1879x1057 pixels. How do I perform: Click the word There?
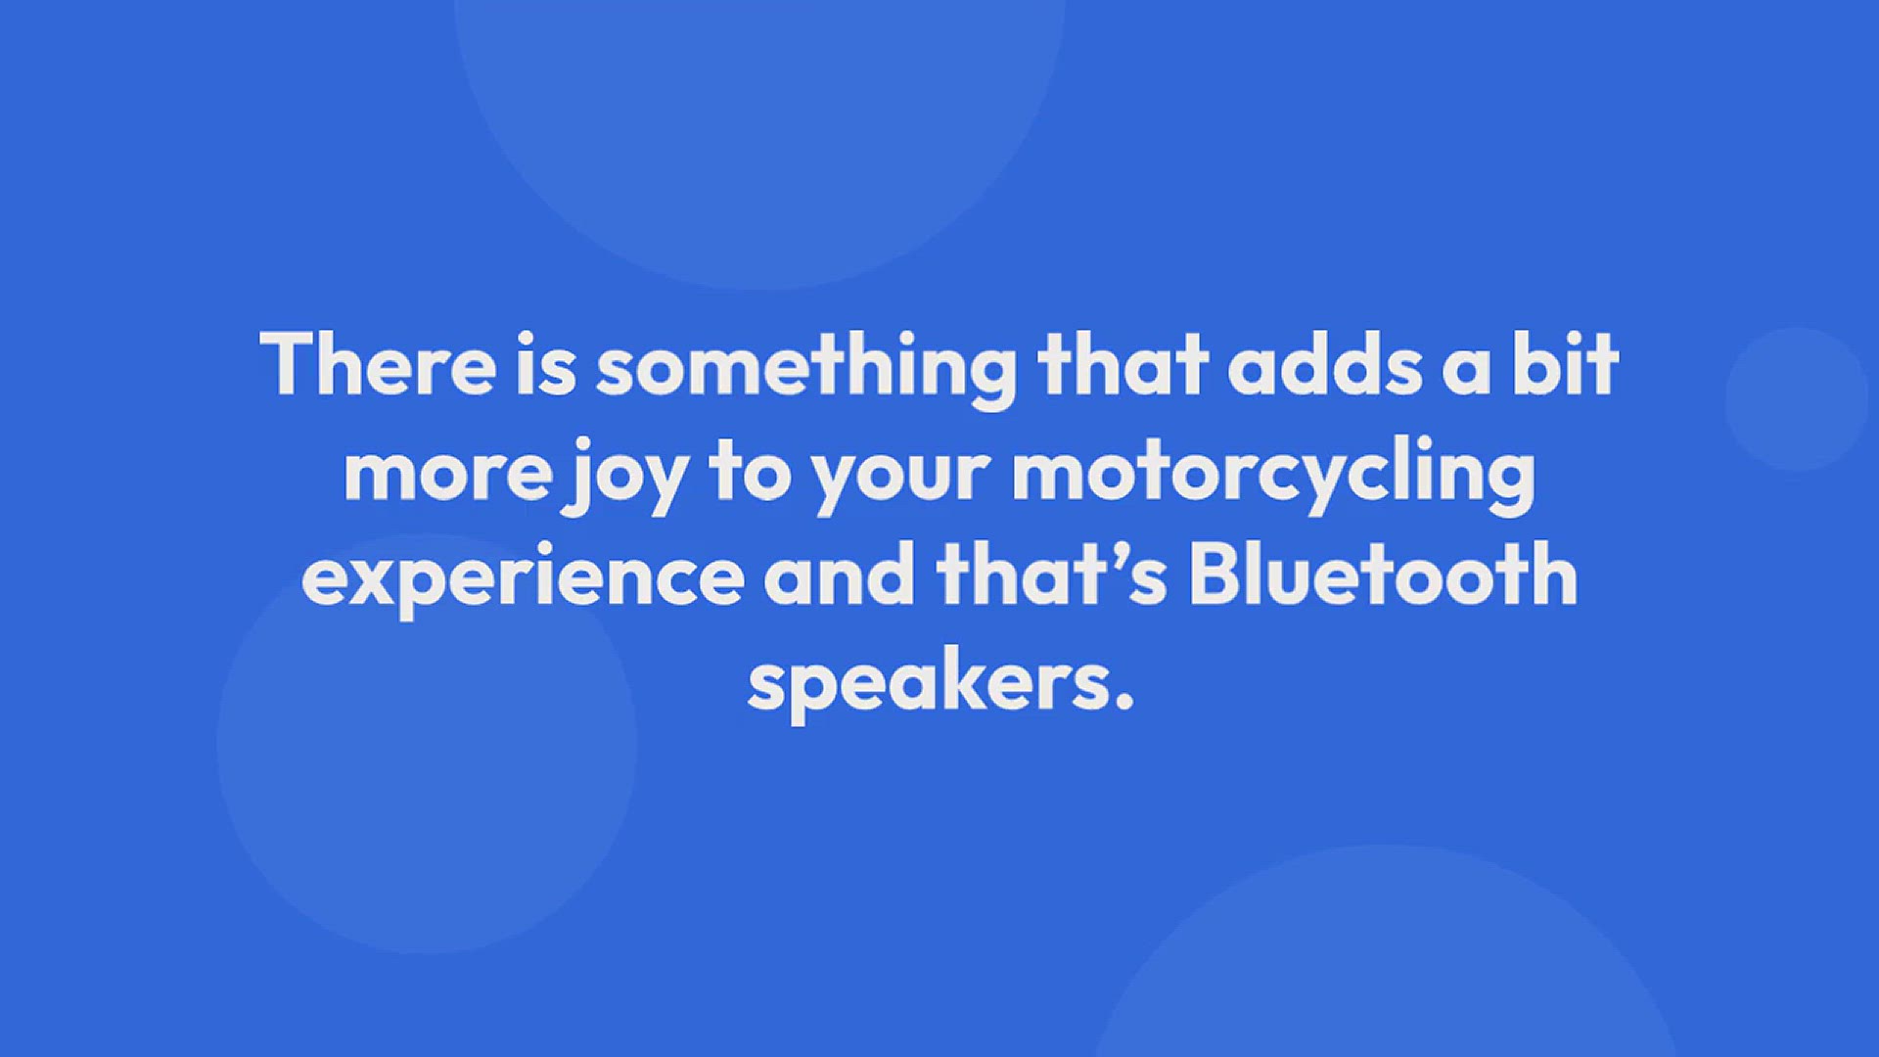pyautogui.click(x=378, y=364)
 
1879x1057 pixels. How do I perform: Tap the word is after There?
pyautogui.click(x=546, y=364)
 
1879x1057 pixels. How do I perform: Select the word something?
pyautogui.click(x=807, y=370)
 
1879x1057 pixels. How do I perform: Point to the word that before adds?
pyautogui.click(x=1123, y=364)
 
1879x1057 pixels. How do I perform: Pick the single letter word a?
pyautogui.click(x=1466, y=373)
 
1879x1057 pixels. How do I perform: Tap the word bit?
pyautogui.click(x=1565, y=364)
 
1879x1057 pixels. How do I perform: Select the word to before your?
pyautogui.click(x=750, y=472)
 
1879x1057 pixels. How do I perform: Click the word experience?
pyautogui.click(x=523, y=582)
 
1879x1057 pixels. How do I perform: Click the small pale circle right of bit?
pyautogui.click(x=1797, y=399)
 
